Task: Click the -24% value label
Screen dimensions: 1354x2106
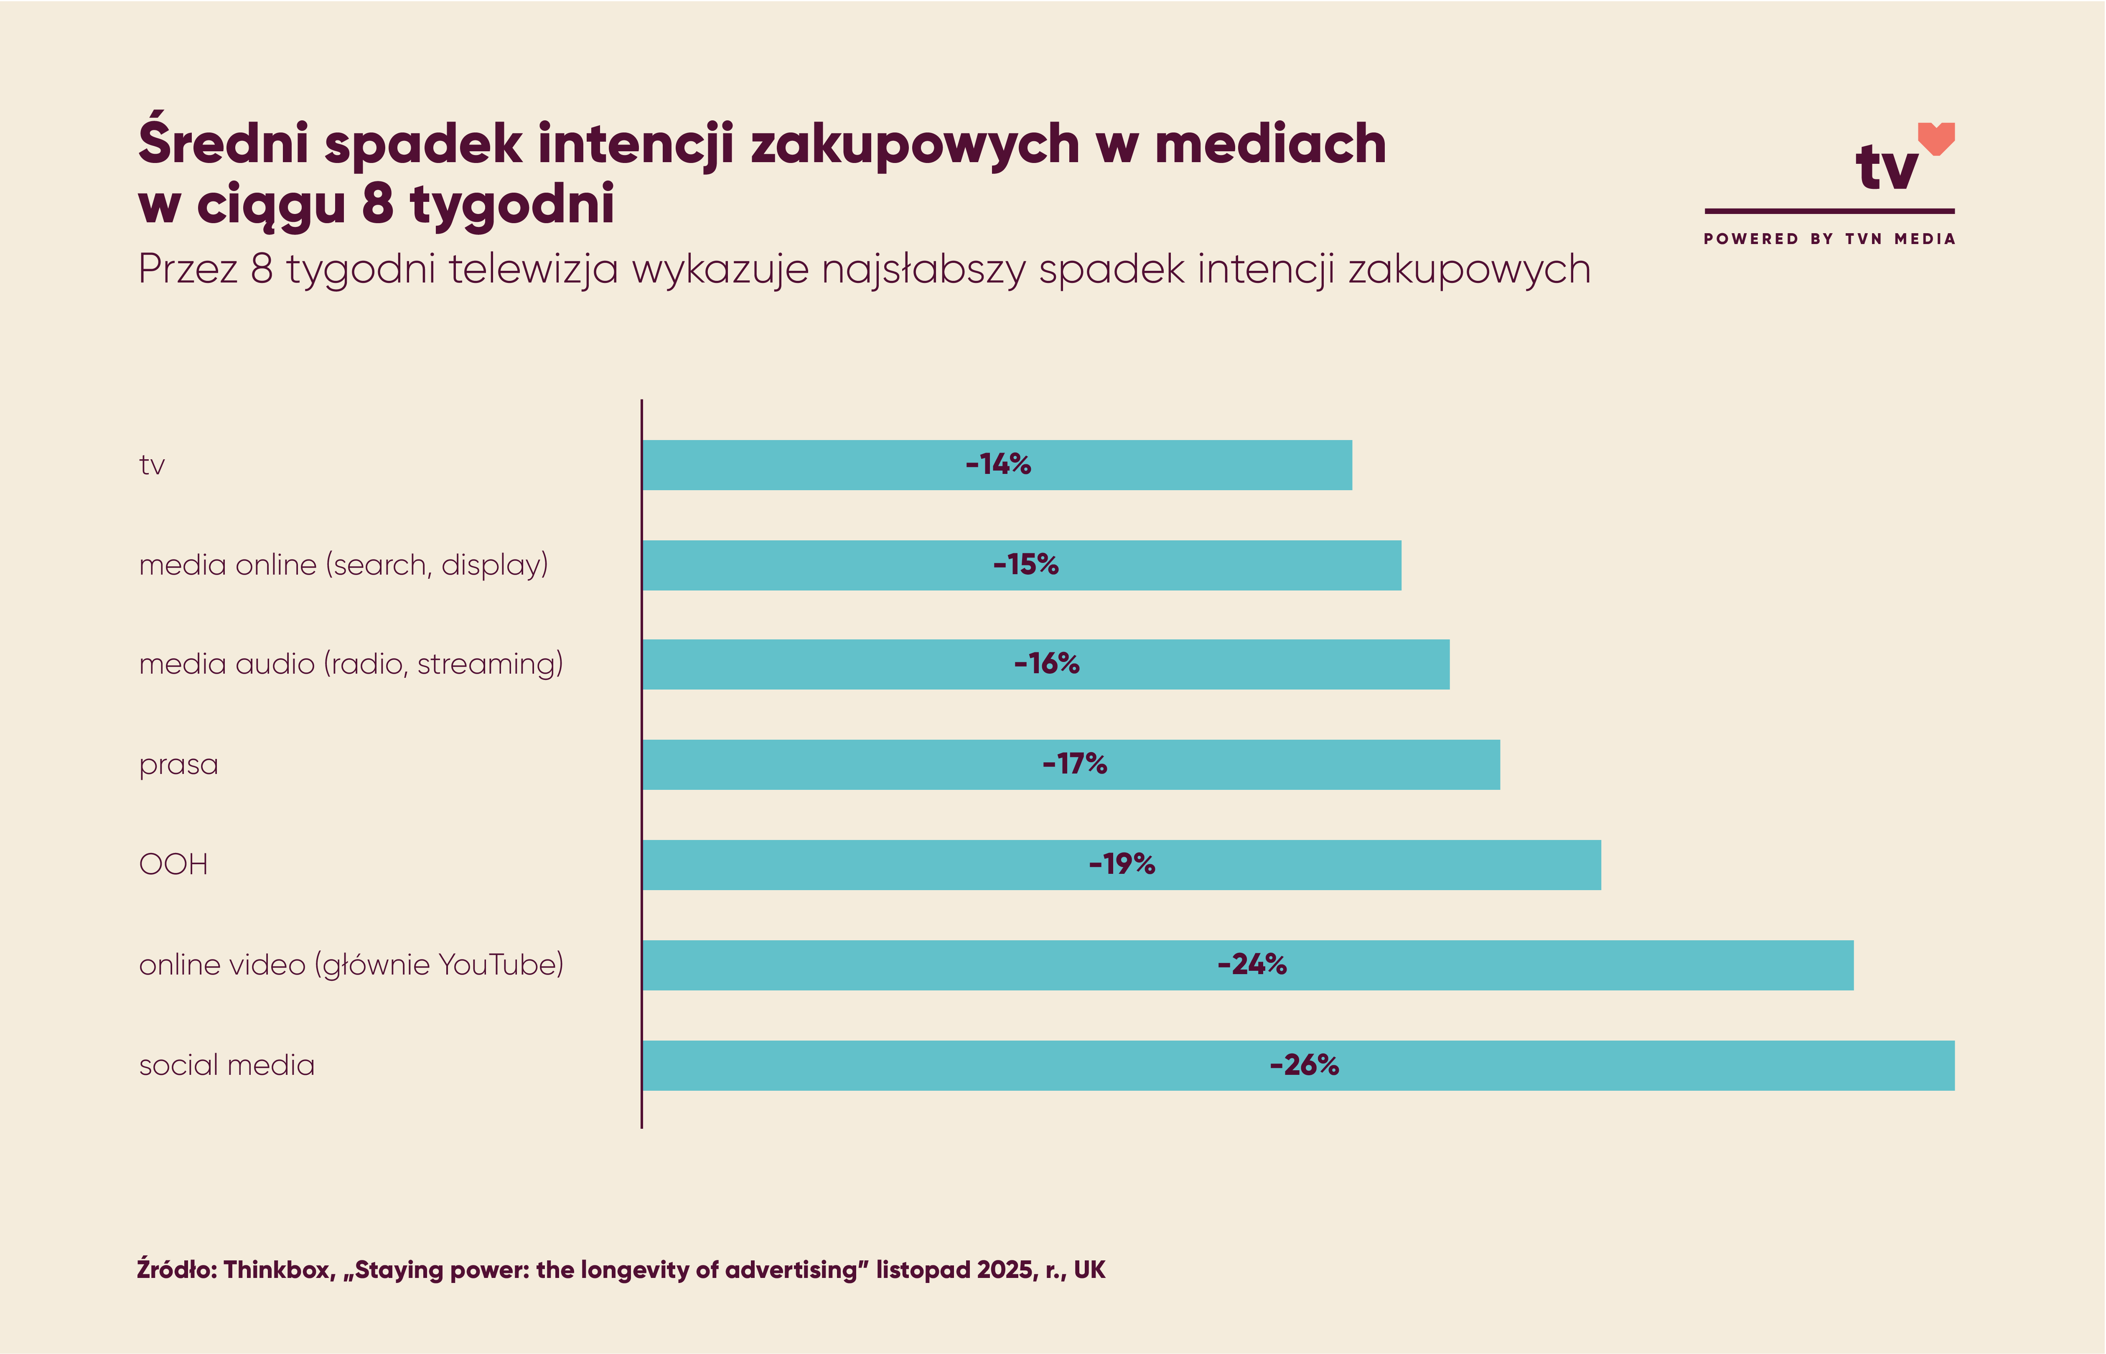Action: (1251, 965)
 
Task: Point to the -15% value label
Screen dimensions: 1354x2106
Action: (1026, 565)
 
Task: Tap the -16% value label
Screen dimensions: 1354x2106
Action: (1046, 664)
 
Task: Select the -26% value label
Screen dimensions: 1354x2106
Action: (1305, 1066)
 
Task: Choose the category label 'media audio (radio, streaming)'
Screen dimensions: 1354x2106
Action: (351, 664)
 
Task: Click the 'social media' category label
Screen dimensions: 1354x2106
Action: (227, 1066)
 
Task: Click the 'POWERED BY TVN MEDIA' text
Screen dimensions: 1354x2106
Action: (1829, 239)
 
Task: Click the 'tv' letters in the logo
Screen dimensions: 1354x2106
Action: (1886, 167)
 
